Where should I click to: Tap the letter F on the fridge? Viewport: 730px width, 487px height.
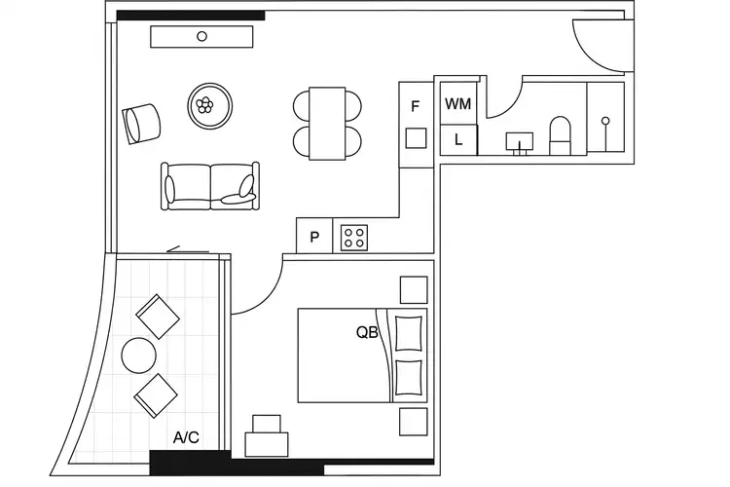[416, 106]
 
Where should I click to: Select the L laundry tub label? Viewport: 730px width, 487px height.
[458, 139]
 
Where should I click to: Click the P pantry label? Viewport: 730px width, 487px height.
[314, 237]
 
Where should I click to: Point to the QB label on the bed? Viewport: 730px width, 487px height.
[367, 331]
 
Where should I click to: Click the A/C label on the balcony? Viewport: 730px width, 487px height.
[186, 438]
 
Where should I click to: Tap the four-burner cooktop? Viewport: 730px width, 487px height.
[353, 237]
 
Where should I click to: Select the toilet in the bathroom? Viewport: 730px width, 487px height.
[562, 134]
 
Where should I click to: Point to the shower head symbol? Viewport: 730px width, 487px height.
[604, 121]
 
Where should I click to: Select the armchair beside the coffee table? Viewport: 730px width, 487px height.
[142, 122]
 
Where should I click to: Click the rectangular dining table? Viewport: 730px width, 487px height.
[327, 123]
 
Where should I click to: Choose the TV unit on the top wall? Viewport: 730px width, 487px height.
[202, 36]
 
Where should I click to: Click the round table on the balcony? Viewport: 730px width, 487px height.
[137, 355]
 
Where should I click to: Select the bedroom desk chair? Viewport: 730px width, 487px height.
[266, 425]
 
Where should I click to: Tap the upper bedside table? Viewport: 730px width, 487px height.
[414, 290]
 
